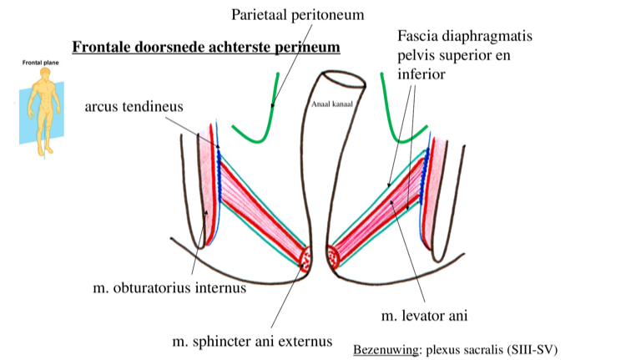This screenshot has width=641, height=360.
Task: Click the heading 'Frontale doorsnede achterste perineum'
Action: pyautogui.click(x=206, y=47)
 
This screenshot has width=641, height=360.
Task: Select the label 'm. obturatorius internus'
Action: pyautogui.click(x=169, y=289)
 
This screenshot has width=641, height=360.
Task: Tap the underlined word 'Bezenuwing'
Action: pyautogui.click(x=386, y=347)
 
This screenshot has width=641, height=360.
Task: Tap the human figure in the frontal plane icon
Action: pyautogui.click(x=40, y=104)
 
